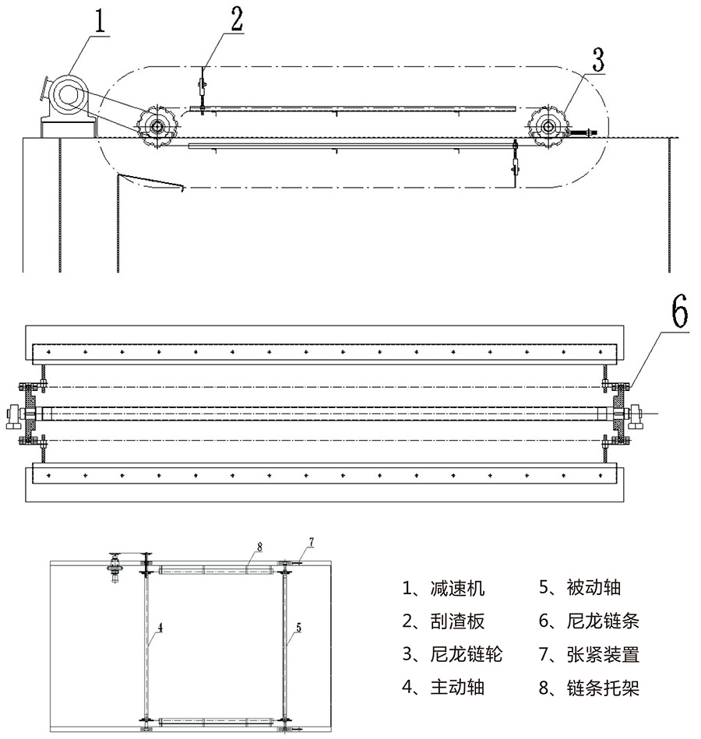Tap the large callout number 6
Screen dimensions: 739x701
point(678,313)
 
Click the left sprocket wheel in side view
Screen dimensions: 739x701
point(157,126)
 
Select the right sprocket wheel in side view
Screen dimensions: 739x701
point(549,126)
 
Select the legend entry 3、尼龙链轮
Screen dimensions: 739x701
point(452,654)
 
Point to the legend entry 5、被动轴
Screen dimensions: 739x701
point(579,588)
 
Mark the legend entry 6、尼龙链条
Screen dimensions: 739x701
point(588,621)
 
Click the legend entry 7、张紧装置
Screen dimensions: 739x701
point(588,654)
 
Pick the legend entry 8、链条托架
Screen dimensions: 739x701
point(588,688)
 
